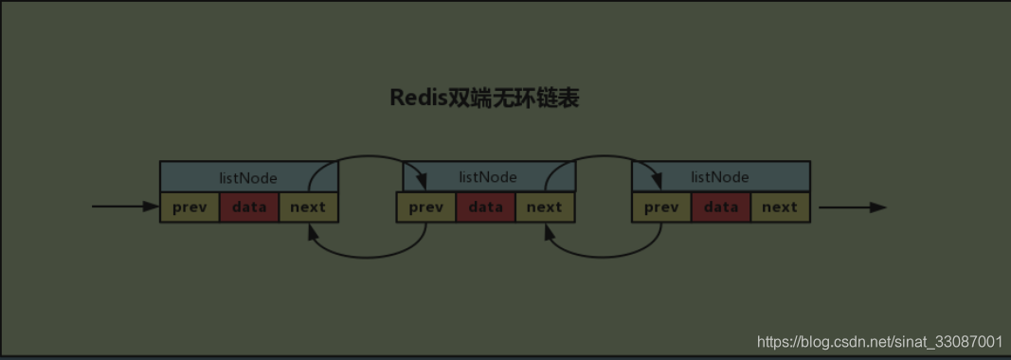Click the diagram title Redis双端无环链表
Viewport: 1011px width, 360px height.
[x=484, y=99]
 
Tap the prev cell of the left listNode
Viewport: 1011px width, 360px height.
[x=190, y=207]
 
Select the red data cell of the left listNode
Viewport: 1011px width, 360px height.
[x=249, y=207]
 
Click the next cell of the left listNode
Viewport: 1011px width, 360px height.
[x=308, y=207]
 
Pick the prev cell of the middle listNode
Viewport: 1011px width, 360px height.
[x=425, y=207]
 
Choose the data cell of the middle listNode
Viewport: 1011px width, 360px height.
[x=486, y=207]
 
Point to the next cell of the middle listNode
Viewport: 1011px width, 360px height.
[x=544, y=207]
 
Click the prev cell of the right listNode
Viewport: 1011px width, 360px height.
[x=661, y=207]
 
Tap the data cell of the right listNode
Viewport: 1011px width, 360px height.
[x=721, y=207]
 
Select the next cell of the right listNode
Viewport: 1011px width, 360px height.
[x=780, y=207]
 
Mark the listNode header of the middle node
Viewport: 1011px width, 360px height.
[x=487, y=177]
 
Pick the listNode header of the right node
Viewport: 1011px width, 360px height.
[x=720, y=177]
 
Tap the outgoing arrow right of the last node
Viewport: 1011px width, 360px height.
[x=852, y=207]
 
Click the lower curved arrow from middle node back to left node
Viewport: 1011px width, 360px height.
[x=365, y=256]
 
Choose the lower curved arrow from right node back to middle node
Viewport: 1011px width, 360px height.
[x=602, y=256]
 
